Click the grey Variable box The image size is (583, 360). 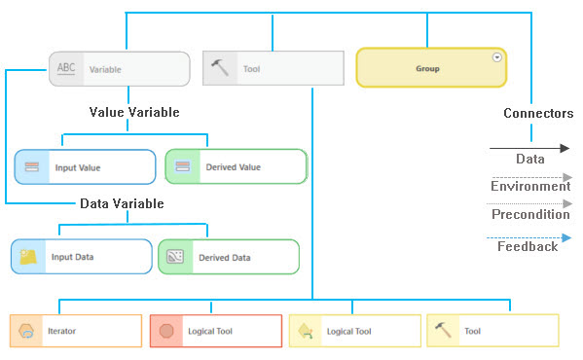tap(119, 69)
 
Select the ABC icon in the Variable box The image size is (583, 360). tap(65, 69)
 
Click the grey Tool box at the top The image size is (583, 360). tap(273, 69)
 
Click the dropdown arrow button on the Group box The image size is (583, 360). tap(497, 57)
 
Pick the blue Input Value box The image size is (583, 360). tap(85, 167)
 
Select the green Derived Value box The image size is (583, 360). tap(236, 167)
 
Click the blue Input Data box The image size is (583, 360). tap(82, 257)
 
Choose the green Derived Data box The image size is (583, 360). tap(229, 257)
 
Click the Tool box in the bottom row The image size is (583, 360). tap(492, 331)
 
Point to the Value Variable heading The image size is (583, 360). tap(134, 113)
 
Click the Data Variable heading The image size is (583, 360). tap(121, 203)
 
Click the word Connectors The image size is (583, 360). tap(537, 114)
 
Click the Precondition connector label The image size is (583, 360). tap(529, 215)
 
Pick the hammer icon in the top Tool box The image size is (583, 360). tap(221, 68)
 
